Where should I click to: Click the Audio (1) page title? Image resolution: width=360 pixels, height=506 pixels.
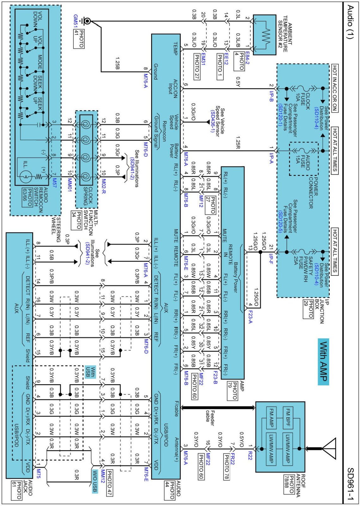coord(350,22)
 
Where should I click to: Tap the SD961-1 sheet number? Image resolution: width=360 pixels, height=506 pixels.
coord(350,484)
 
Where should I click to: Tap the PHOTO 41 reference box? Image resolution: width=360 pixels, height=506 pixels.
coord(79,39)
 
